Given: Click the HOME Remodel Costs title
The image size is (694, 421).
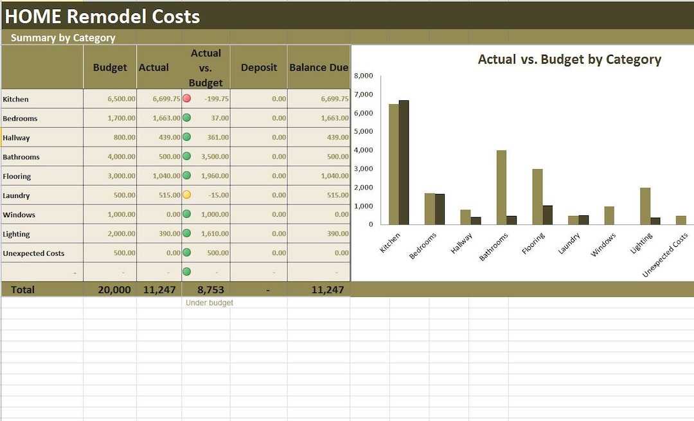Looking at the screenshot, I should [x=103, y=17].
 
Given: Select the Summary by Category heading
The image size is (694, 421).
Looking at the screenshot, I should [x=63, y=38].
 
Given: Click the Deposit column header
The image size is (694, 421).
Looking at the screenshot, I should [x=259, y=67].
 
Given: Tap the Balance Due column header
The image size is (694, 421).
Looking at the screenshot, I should [x=319, y=67].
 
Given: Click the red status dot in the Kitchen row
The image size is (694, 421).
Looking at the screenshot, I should [x=186, y=98].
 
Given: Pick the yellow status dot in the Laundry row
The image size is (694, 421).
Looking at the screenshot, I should [x=186, y=195].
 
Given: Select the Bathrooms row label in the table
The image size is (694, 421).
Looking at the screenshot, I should [x=21, y=157].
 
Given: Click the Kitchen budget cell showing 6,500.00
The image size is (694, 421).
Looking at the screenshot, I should [x=121, y=99].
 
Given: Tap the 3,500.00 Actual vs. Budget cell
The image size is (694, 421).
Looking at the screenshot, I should [x=215, y=157].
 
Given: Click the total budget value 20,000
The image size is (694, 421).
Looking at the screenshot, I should [x=114, y=290].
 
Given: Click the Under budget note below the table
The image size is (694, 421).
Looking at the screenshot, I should [x=209, y=303].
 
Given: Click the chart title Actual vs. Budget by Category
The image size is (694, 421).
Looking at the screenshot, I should [x=569, y=60].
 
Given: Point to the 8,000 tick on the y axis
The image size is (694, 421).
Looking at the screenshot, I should [x=363, y=76].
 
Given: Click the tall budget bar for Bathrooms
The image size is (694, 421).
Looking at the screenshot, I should [x=501, y=187].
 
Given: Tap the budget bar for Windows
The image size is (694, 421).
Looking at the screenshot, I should [x=609, y=215].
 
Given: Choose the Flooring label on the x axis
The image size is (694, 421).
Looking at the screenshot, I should [x=533, y=244].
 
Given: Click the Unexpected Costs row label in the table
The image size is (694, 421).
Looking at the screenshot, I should [x=33, y=253].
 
